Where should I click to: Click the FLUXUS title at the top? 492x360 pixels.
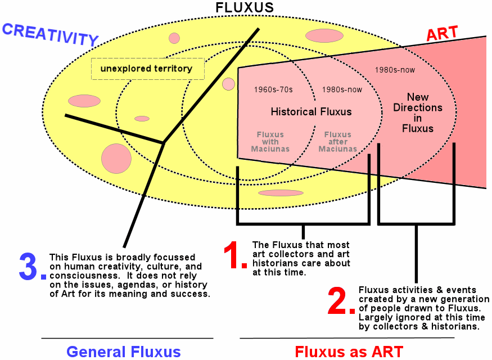click(x=245, y=7)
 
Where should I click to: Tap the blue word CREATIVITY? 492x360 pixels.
click(x=50, y=34)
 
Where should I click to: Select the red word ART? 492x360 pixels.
click(x=442, y=34)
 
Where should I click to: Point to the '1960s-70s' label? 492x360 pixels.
click(x=273, y=89)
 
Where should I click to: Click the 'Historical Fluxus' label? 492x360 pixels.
click(x=311, y=111)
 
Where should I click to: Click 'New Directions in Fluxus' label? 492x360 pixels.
click(x=418, y=112)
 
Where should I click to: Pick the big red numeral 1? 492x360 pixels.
click(x=234, y=255)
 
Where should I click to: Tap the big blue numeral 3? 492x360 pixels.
click(x=31, y=267)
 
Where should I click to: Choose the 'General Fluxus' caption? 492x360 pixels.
click(x=123, y=352)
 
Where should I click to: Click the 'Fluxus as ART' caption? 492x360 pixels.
click(x=349, y=352)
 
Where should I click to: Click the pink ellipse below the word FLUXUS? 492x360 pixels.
click(x=324, y=36)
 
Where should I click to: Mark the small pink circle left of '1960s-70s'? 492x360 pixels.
click(x=228, y=84)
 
